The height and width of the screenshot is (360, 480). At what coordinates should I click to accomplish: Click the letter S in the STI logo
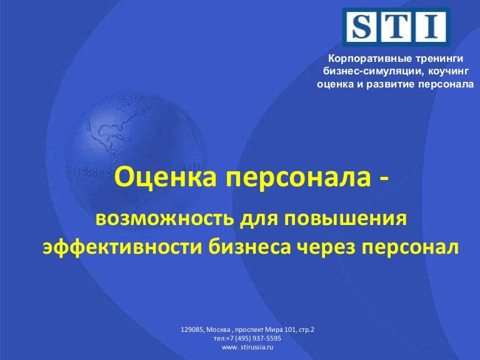(x=362, y=27)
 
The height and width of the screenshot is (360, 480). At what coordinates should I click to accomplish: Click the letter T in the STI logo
(x=396, y=27)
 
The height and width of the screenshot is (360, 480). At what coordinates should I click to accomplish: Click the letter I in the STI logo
(x=431, y=27)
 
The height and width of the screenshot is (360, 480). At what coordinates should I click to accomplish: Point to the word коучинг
(x=448, y=72)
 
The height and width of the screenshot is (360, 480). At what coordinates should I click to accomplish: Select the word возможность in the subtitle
(x=165, y=219)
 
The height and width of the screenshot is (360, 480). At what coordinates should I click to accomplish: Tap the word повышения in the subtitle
(x=346, y=219)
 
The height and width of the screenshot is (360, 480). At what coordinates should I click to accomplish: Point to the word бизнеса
(x=249, y=247)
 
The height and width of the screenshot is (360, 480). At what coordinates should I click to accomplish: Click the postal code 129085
(x=192, y=330)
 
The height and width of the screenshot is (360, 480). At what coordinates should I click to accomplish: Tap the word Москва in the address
(x=219, y=330)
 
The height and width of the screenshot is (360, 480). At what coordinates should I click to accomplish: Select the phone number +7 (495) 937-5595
(x=254, y=338)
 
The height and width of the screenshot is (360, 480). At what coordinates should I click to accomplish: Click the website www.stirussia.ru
(x=247, y=347)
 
